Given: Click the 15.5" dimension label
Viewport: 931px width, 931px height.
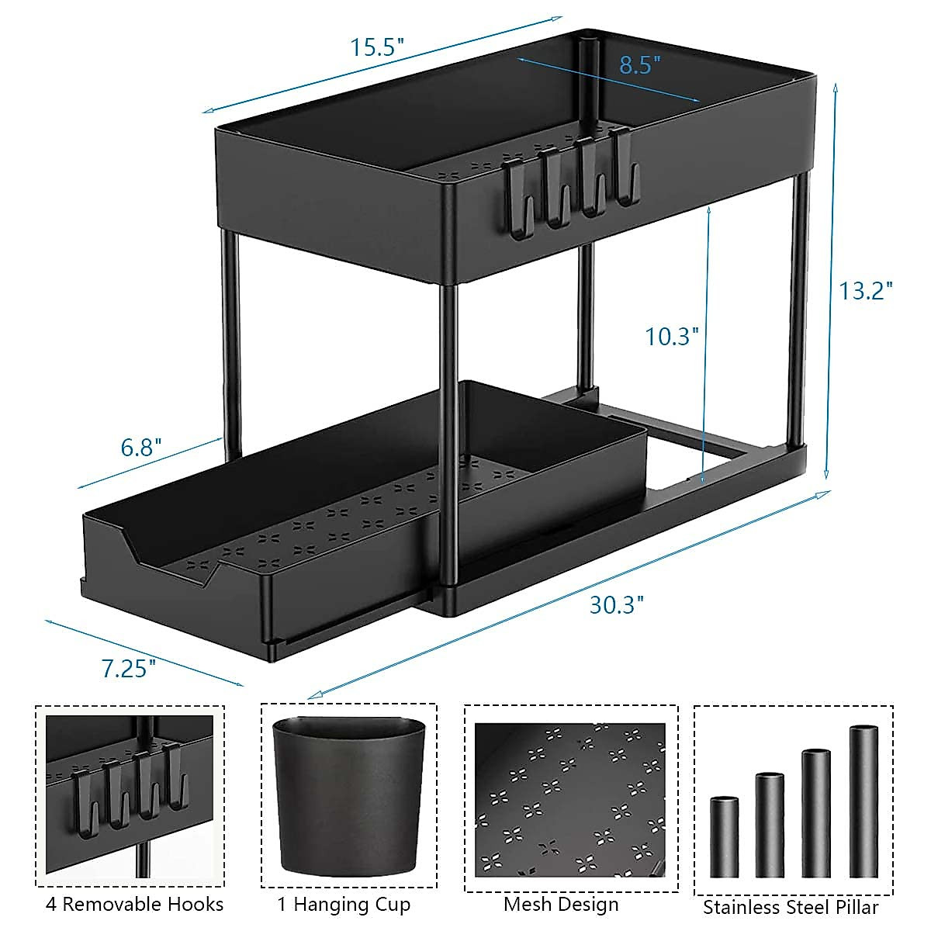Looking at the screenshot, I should point(377,47).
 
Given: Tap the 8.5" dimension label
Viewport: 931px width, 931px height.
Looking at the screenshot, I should point(639,64).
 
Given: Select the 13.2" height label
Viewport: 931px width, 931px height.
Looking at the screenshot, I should point(866,291).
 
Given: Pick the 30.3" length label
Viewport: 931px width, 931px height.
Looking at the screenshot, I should point(617,604).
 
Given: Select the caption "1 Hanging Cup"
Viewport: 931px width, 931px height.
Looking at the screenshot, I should point(344,905).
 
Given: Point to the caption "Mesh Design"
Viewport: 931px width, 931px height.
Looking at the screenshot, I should point(561,905).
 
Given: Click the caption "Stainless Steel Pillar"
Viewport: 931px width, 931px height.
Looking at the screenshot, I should point(791,907).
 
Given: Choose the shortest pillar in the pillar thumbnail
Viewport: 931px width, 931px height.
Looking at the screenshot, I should point(724,836).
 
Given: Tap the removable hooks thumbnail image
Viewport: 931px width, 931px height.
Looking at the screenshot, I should point(129,796).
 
